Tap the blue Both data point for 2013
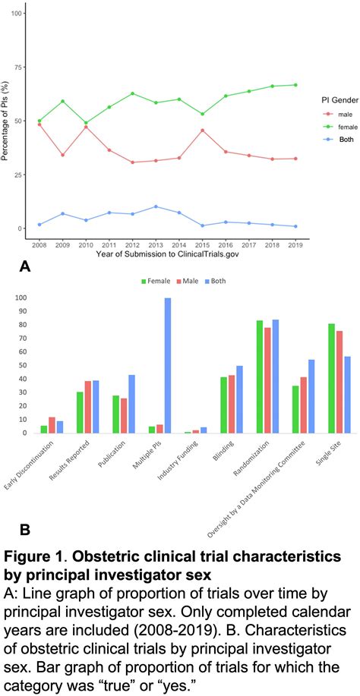[x=156, y=206]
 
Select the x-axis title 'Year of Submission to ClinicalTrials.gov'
[x=166, y=254]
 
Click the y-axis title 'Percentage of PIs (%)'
[x=7, y=121]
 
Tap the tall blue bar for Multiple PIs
[x=167, y=365]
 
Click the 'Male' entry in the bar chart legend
[x=185, y=281]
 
